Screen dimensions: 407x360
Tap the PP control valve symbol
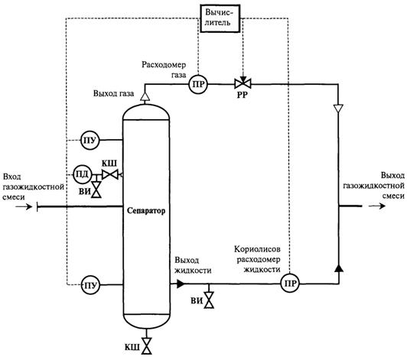pos(243,84)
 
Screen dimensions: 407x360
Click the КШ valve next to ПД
pos(110,174)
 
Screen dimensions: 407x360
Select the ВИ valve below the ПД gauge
pos(96,190)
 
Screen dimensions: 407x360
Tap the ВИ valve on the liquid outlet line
pos(209,300)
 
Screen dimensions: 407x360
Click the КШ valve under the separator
pos(146,346)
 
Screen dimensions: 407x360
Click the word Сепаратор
pos(146,211)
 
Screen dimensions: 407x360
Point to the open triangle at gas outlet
pos(145,96)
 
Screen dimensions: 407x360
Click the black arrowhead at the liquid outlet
pos(181,284)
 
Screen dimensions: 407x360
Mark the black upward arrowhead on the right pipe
pos(339,268)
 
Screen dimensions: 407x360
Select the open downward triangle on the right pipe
pos(338,109)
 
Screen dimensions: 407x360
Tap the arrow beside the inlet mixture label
pos(24,206)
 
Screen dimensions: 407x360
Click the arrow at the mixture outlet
pos(377,206)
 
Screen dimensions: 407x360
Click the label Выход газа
pos(114,93)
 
